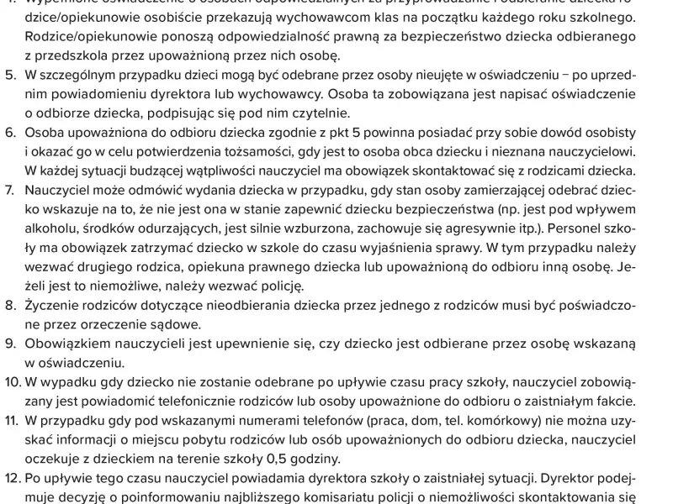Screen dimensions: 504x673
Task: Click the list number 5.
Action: [x=10, y=76]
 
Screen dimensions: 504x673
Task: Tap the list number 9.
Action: [x=10, y=344]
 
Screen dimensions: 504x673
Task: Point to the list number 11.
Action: [x=12, y=420]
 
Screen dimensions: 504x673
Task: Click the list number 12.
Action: [x=13, y=477]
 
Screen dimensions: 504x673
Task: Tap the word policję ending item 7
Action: [x=278, y=286]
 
